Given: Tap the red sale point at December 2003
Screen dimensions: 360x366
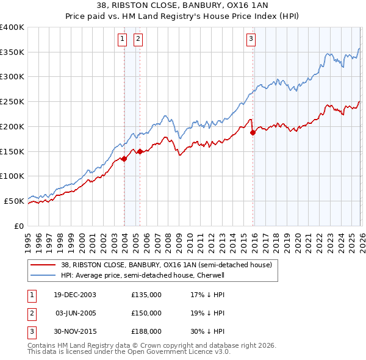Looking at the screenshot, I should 124,159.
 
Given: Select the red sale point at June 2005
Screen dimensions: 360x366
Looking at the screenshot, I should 140,151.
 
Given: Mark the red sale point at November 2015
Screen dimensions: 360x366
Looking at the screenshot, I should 253,132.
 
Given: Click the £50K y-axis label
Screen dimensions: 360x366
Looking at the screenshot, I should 14,201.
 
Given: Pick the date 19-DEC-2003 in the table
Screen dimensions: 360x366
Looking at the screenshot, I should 75,295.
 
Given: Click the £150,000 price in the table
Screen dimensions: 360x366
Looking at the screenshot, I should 146,313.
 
